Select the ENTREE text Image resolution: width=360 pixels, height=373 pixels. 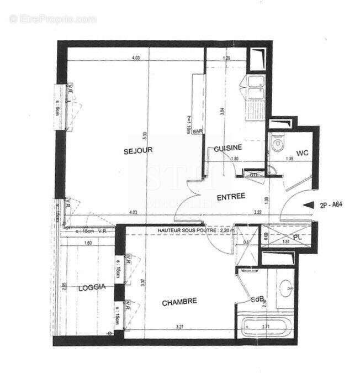pyautogui.click(x=231, y=197)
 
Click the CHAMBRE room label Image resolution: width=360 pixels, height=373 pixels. pyautogui.click(x=179, y=302)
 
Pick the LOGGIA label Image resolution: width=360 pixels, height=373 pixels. pyautogui.click(x=91, y=287)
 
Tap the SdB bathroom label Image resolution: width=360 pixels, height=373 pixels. pyautogui.click(x=257, y=300)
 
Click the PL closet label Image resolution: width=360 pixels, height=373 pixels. pyautogui.click(x=297, y=238)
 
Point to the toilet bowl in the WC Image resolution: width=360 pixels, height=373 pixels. pyautogui.click(x=277, y=145)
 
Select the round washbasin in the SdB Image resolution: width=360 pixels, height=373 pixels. pyautogui.click(x=286, y=287)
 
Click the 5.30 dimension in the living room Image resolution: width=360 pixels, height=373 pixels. pyautogui.click(x=145, y=134)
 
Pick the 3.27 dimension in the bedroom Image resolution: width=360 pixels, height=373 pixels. pyautogui.click(x=179, y=327)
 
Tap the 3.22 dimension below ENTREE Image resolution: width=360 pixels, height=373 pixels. pyautogui.click(x=257, y=212)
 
